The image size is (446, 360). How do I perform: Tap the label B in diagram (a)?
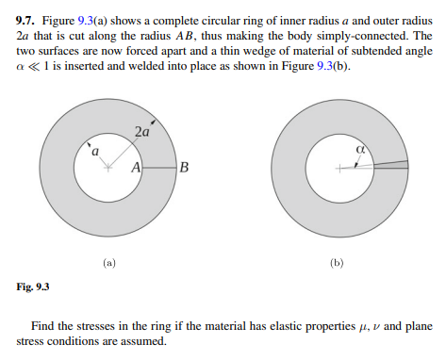point(183,168)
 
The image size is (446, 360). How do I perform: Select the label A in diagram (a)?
point(136,168)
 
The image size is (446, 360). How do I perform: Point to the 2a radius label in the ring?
point(141,132)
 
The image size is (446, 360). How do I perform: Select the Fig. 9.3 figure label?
point(33,286)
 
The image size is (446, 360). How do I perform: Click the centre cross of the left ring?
point(108,168)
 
